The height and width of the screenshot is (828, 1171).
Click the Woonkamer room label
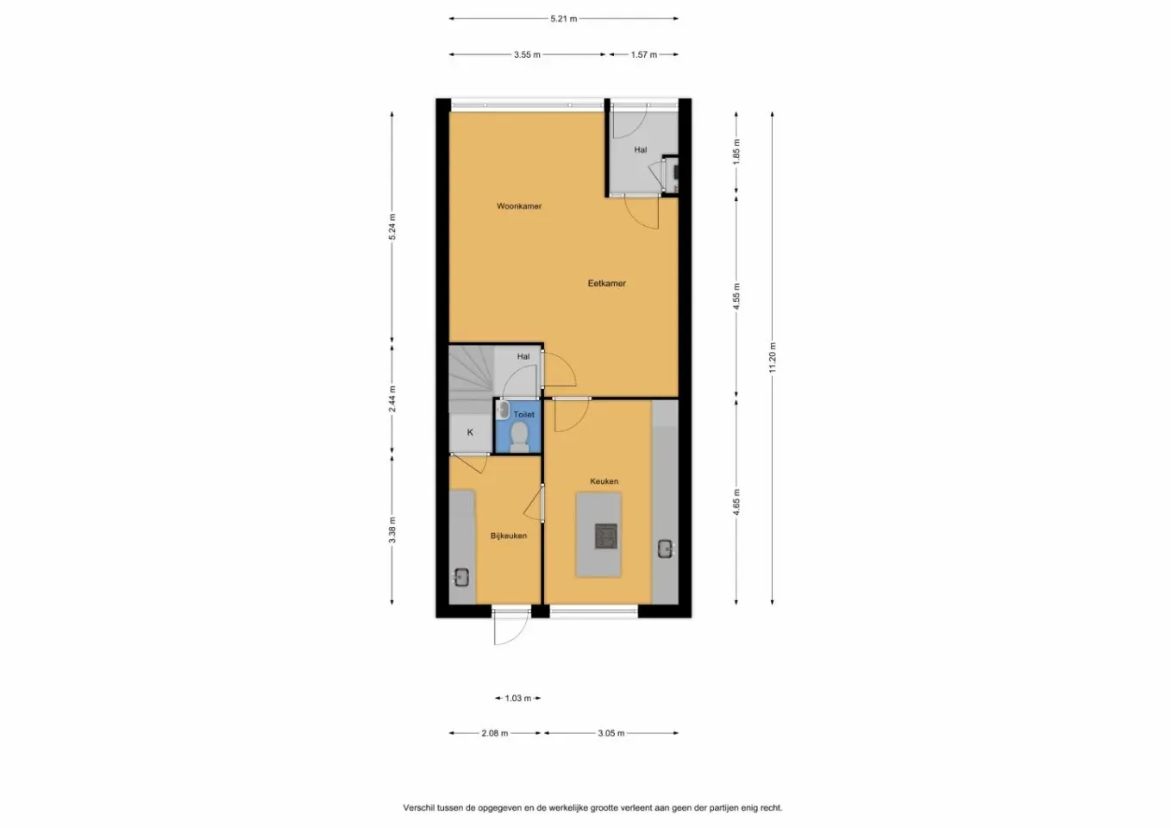(x=519, y=206)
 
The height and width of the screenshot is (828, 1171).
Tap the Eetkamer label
(x=606, y=283)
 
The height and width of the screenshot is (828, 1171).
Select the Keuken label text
(x=604, y=481)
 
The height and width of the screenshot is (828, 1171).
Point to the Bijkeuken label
(x=508, y=536)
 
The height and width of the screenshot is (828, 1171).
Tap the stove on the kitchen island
(x=605, y=536)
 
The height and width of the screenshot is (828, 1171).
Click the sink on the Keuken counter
(x=665, y=548)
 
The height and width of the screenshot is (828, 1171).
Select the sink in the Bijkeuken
(x=461, y=577)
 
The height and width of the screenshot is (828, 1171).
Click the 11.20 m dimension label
(x=773, y=357)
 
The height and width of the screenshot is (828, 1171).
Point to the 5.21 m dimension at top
(x=563, y=18)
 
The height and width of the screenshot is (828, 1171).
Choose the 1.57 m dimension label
(x=643, y=54)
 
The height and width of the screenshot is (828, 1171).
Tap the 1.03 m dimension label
(x=517, y=699)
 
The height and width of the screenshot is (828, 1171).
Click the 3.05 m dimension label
(x=611, y=733)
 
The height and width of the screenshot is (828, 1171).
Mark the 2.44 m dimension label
(x=392, y=398)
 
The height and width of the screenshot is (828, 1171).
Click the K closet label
(x=470, y=433)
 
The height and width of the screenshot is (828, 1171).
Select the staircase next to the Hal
(x=470, y=374)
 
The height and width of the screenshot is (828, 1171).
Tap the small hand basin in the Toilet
(x=504, y=411)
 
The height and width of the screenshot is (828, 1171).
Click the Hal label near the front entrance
(x=640, y=149)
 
